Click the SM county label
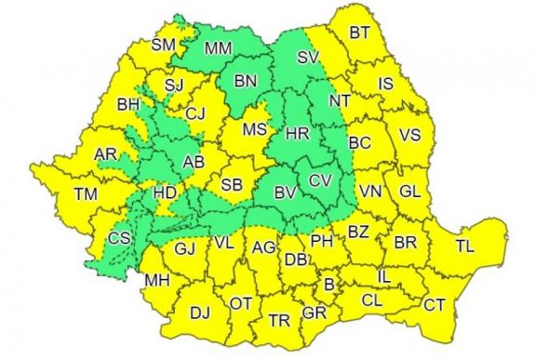coord(164,45)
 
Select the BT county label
coord(360,33)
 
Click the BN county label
coord(245,82)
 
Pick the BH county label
coord(127,104)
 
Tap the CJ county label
coord(194,113)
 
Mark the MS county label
coord(255,130)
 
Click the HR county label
coord(298,134)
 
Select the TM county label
coord(87,195)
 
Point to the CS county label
coord(119,238)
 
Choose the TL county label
coord(464,247)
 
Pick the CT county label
coord(435,304)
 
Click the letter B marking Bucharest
coord(328,284)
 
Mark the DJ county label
coord(200,313)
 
